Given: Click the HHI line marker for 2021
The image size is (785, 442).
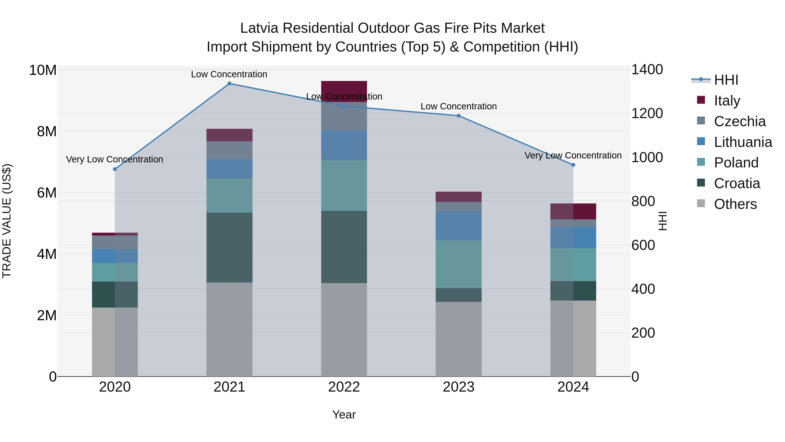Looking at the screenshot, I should (229, 84).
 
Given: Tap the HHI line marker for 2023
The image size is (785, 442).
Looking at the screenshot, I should (459, 116).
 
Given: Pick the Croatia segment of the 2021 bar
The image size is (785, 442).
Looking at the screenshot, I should (229, 247).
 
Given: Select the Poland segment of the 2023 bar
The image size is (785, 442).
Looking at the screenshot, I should (459, 264).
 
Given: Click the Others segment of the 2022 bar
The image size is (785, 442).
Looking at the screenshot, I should (344, 329).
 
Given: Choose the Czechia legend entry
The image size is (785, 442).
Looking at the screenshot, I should (740, 121).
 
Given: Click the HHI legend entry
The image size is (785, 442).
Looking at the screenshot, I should (726, 80).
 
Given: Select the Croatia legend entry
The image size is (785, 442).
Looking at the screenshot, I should (737, 183).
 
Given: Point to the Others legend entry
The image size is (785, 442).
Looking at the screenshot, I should (735, 204).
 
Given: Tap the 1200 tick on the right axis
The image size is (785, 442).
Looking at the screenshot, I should (647, 114).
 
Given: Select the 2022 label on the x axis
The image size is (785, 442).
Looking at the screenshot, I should (344, 387).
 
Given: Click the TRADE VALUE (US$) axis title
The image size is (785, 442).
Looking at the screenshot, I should (7, 221).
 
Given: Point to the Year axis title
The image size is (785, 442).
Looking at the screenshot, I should (344, 414).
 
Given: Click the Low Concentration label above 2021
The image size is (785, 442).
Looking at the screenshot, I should (229, 74).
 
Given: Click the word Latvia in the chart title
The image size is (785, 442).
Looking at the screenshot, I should (259, 28).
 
